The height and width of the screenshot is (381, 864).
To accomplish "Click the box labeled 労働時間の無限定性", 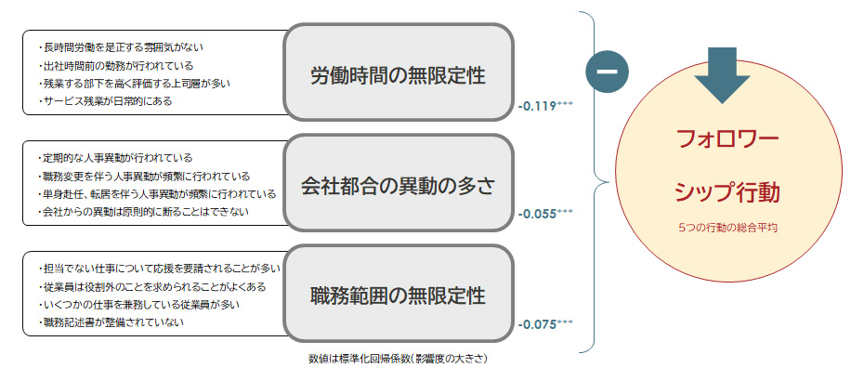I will click(399, 73).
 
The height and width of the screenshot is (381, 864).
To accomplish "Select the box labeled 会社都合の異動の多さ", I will click(399, 184).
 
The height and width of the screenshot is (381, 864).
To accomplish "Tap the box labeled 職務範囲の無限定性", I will click(399, 296).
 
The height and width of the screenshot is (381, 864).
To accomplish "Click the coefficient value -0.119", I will click(538, 106).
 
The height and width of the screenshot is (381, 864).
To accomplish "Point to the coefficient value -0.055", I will click(538, 214).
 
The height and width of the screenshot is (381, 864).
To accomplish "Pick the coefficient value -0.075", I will click(538, 324).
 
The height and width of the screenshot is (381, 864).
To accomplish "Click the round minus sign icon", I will click(608, 72).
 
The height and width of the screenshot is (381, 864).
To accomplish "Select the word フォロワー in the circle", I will click(720, 140).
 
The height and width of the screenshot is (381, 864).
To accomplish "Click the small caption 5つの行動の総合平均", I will click(720, 227).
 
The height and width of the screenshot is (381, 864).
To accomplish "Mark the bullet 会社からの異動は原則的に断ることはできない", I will click(145, 212).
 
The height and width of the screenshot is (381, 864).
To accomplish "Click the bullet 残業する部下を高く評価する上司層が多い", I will click(135, 83).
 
